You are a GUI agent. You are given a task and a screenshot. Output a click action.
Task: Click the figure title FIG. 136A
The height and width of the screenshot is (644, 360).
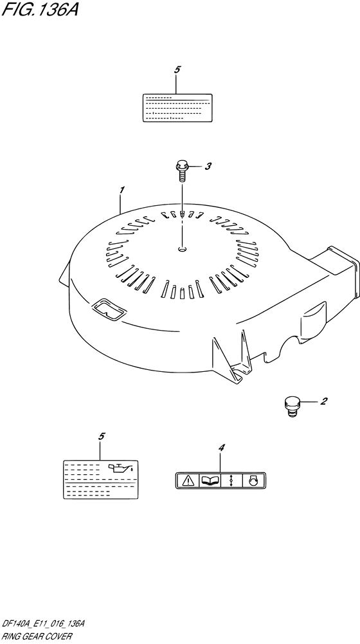click(40, 9)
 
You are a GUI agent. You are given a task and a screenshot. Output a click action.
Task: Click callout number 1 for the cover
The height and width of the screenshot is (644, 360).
click(122, 190)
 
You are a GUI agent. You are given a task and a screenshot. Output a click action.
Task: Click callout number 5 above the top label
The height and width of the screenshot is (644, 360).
click(177, 70)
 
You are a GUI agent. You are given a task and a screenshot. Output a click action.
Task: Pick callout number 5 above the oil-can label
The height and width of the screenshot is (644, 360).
click(102, 437)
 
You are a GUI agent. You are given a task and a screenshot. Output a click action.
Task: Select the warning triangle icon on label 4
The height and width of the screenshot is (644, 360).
click(188, 480)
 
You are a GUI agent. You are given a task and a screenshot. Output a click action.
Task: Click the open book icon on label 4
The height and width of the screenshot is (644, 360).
click(210, 480)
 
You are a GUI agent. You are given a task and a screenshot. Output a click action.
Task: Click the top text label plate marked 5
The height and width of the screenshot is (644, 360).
click(177, 107)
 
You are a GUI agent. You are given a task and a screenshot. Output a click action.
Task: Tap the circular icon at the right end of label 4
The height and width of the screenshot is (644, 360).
click(253, 480)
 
